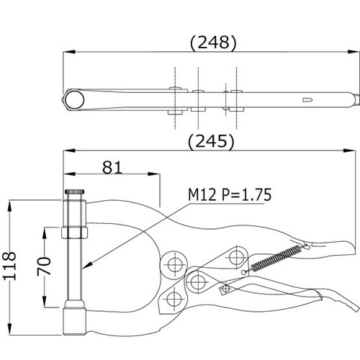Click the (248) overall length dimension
(213, 42)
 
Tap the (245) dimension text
(211, 141)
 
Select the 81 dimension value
(112, 167)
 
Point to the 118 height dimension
(10, 266)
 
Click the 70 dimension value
(44, 266)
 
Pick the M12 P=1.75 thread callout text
(230, 194)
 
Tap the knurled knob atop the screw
(74, 192)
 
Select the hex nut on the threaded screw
(74, 233)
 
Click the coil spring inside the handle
(276, 258)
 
